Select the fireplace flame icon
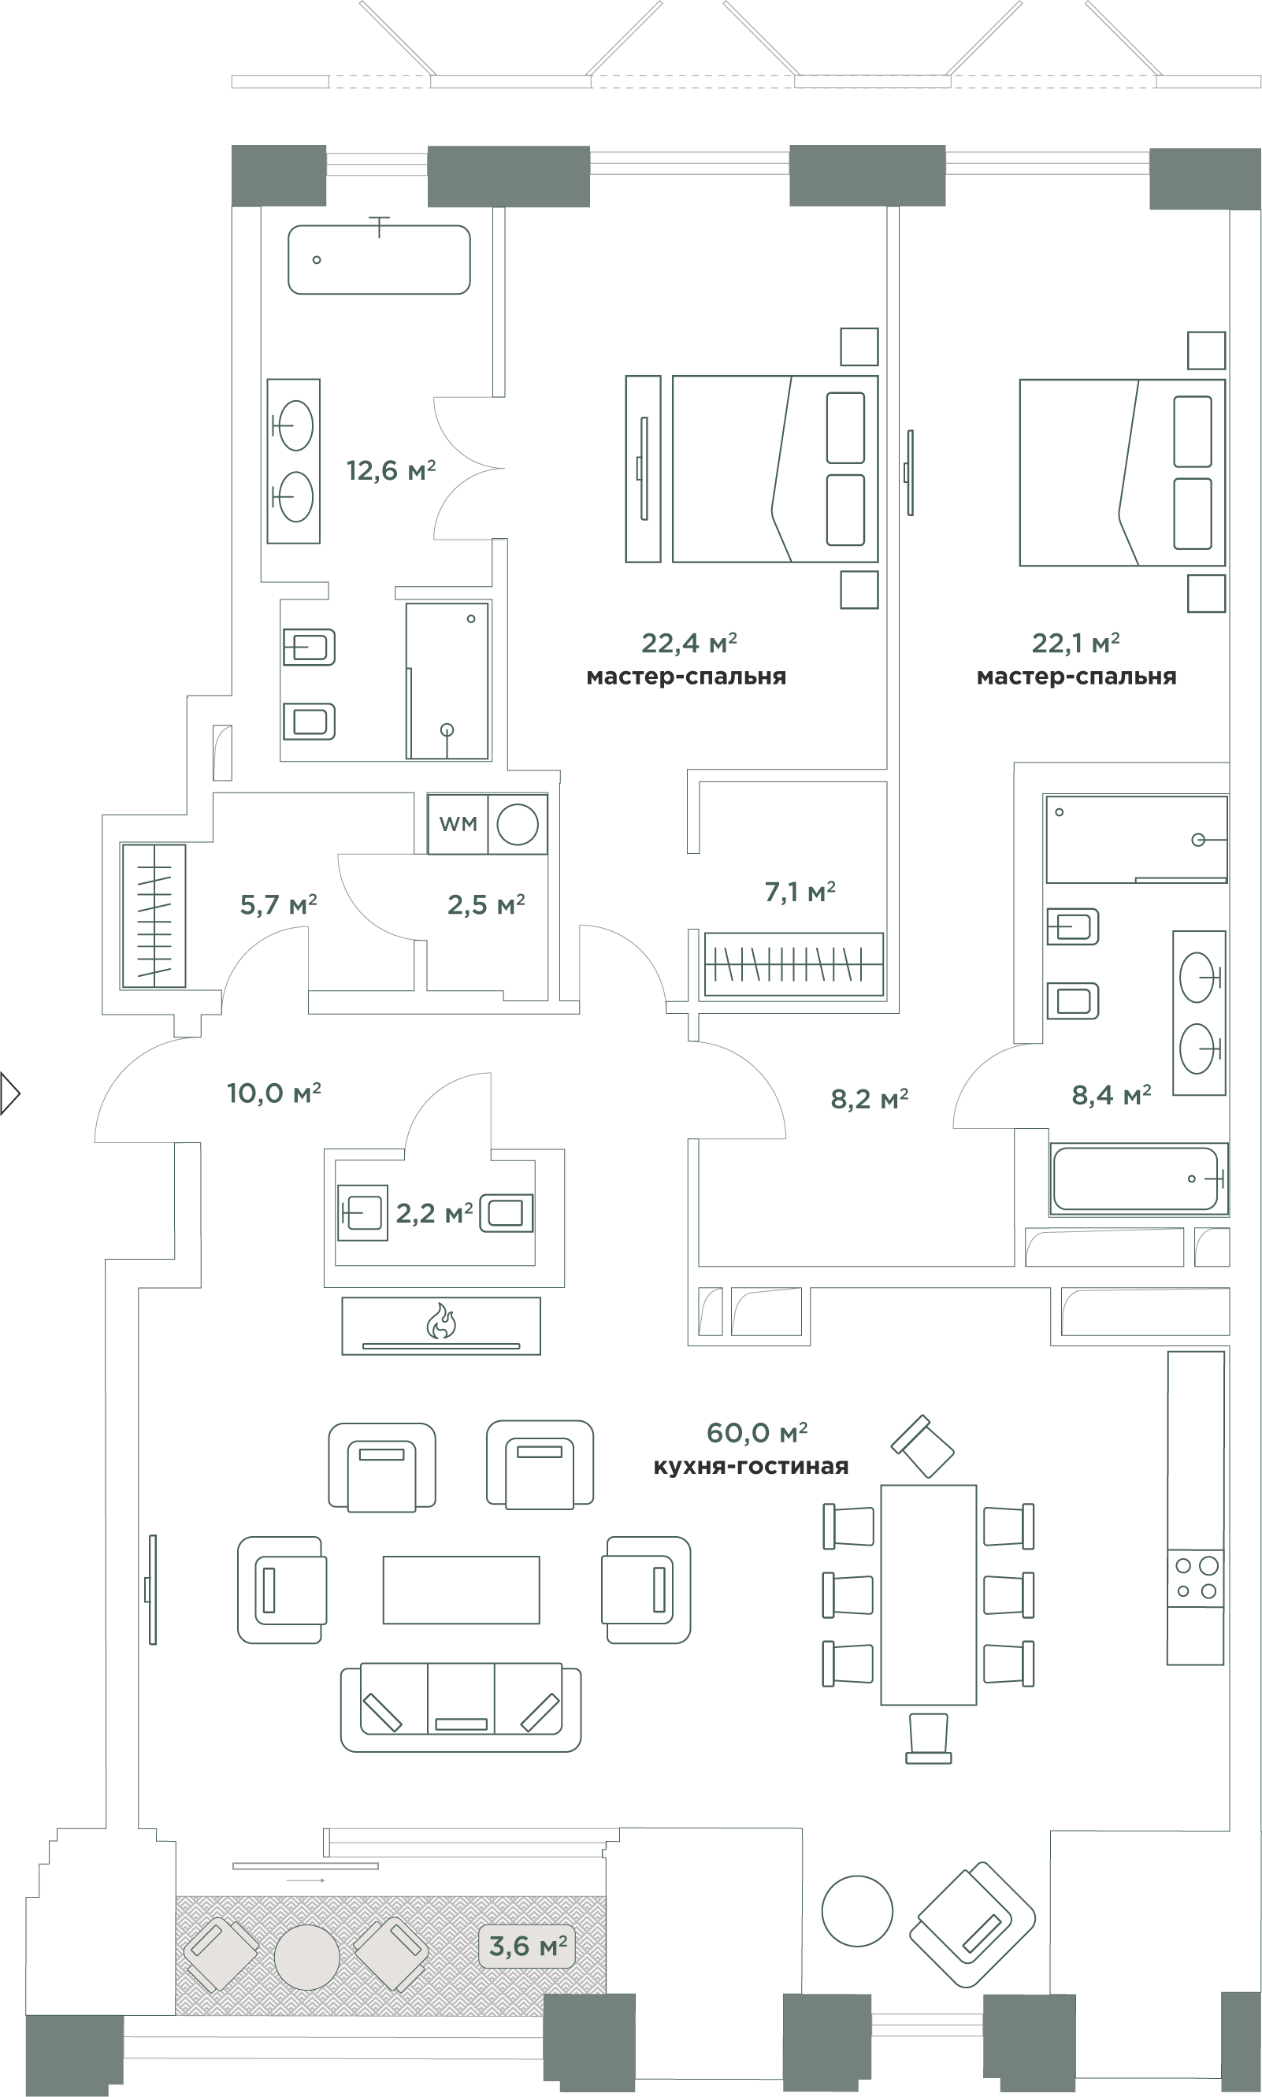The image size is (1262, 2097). [441, 1320]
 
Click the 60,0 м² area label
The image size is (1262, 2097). [757, 1433]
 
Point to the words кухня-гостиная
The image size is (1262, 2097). [751, 1466]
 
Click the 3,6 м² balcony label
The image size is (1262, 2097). [527, 1946]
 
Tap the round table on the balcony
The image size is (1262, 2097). [307, 1957]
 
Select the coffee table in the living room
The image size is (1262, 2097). [461, 1590]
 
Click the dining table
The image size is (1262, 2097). [928, 1594]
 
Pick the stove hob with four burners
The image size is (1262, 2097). [1196, 1577]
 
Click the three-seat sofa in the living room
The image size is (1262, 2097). [461, 1707]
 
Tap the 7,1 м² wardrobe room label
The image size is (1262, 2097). [800, 892]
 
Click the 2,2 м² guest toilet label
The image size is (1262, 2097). [434, 1213]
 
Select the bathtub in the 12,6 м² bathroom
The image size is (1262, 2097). [379, 259]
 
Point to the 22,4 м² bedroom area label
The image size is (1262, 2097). [689, 644]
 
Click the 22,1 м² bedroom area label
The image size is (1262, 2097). [1075, 644]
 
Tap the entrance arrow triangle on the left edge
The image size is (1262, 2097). [10, 1093]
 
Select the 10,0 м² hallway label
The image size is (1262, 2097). [273, 1093]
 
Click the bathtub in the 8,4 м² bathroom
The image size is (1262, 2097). [1138, 1178]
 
